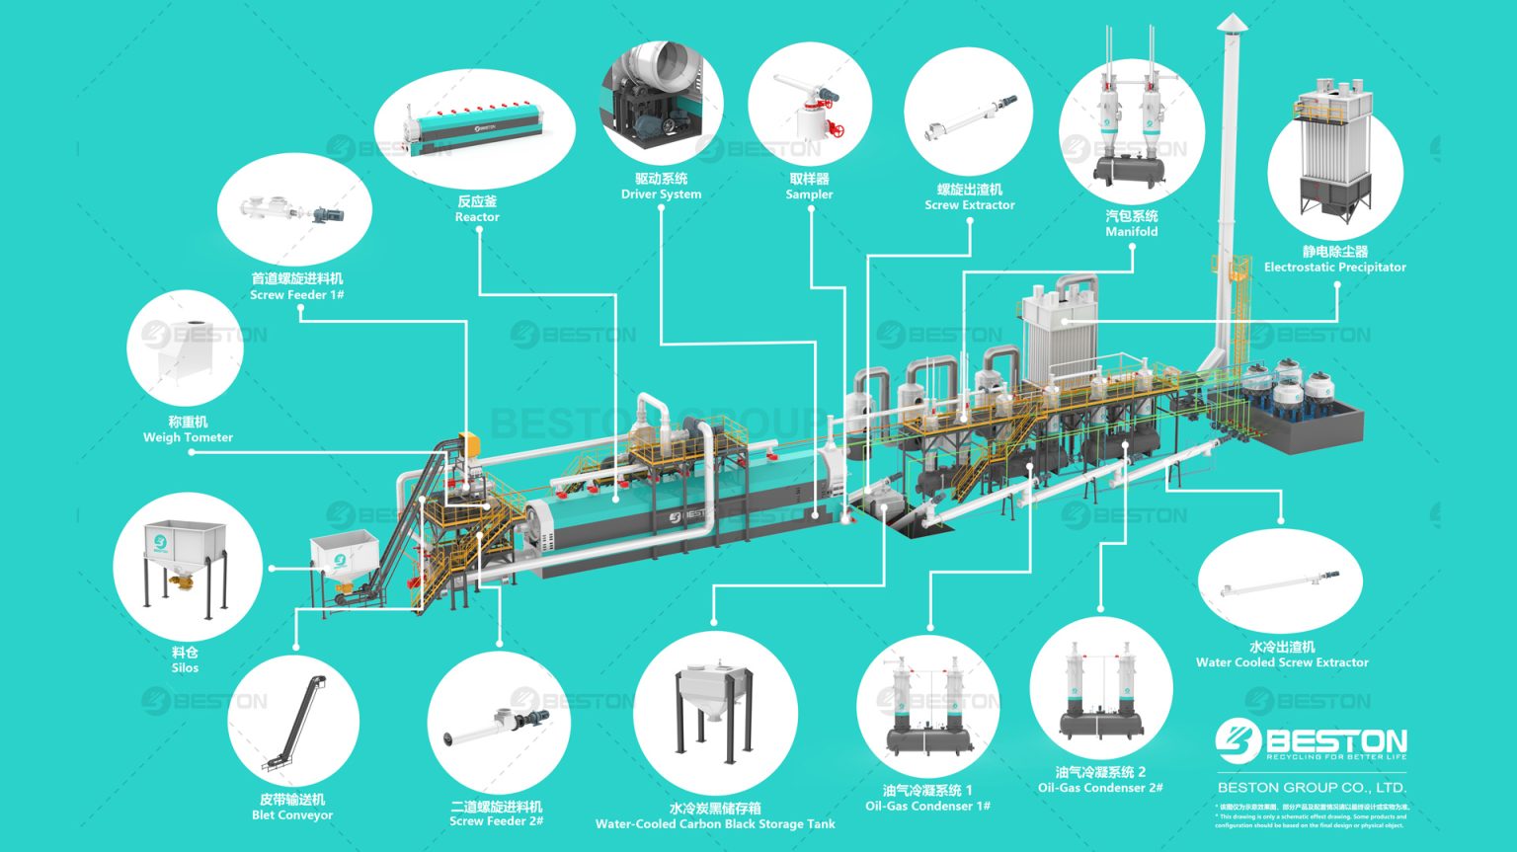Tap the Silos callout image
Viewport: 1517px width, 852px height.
(x=187, y=567)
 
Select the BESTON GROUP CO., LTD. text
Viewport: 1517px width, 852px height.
(x=1312, y=787)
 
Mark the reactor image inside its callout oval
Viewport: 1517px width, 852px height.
(x=475, y=124)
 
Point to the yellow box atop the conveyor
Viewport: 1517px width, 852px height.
(x=470, y=443)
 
